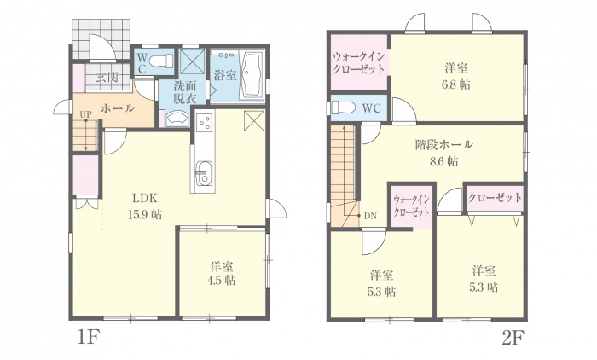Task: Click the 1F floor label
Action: (88, 338)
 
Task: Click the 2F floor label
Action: (513, 338)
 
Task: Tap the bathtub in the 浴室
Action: (252, 75)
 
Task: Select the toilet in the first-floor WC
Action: (161, 61)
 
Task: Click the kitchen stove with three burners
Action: (205, 120)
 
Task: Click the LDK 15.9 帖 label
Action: (145, 206)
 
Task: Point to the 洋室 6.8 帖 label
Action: (455, 76)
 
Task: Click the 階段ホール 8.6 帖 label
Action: (444, 154)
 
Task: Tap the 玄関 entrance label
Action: (107, 78)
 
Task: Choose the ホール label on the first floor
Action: (118, 108)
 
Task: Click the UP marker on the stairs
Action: (85, 113)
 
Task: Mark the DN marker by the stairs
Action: (369, 216)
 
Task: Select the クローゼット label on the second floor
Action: (495, 197)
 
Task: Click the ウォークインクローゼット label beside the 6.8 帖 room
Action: (358, 63)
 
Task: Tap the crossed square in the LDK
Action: (254, 121)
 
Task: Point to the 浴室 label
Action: (225, 75)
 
